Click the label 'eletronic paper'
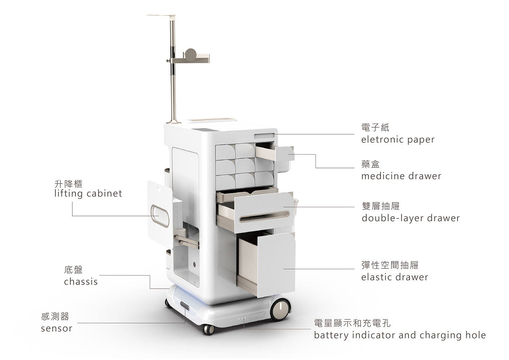[x=398, y=140]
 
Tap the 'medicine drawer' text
[x=401, y=176]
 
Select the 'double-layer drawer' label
[x=410, y=218]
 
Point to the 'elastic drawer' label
[x=394, y=277]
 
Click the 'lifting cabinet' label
[x=88, y=193]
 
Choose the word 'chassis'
[x=81, y=281]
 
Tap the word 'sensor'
[x=56, y=328]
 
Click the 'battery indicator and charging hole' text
[x=400, y=335]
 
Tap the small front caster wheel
[x=208, y=329]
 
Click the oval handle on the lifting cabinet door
[x=160, y=215]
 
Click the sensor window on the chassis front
[x=184, y=305]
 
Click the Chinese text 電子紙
[x=375, y=127]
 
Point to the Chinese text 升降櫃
[x=68, y=184]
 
